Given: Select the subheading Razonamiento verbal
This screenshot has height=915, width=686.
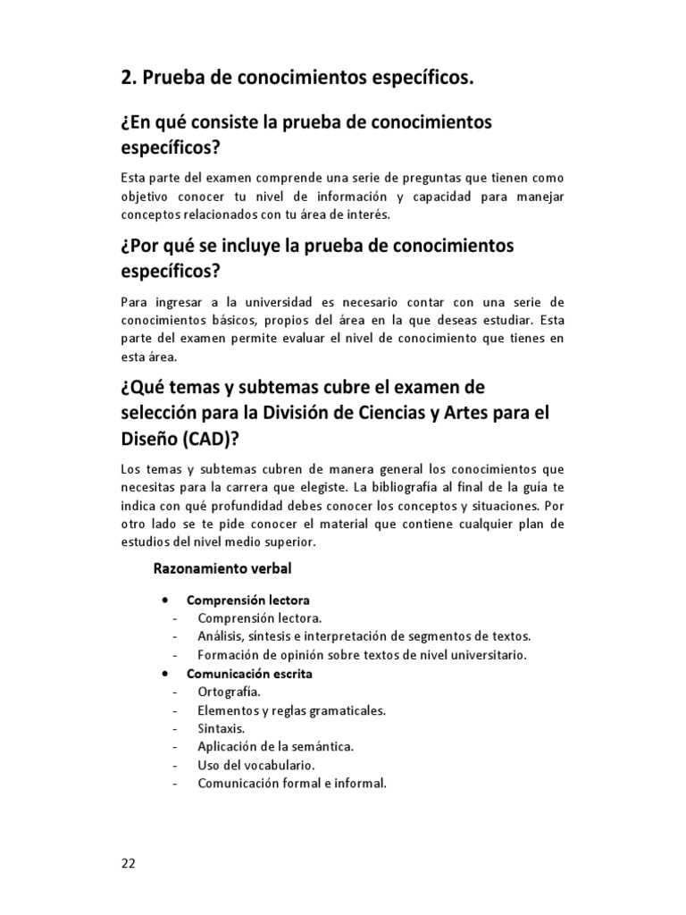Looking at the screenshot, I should point(222,567).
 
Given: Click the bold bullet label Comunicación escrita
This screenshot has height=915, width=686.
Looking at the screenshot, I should point(248,674).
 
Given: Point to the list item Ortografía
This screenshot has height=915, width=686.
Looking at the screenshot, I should point(229,692).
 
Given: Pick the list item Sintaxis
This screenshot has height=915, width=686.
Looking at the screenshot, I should point(221,728).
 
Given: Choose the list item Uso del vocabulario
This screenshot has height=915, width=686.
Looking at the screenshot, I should point(255,765).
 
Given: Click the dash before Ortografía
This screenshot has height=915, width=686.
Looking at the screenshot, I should point(175,693).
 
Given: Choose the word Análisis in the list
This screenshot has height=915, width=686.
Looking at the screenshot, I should point(223,636).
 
